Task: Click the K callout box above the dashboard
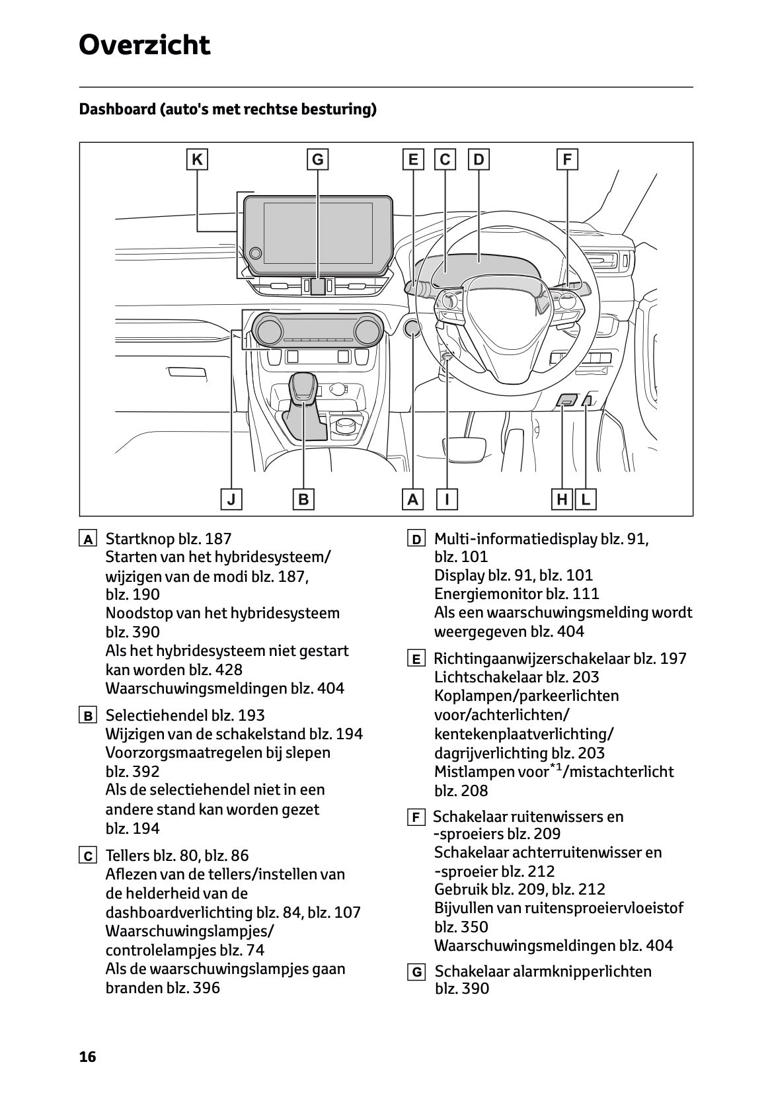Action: [197, 159]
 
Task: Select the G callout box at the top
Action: [318, 159]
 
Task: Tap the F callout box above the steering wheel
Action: [567, 159]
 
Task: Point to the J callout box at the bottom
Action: [231, 499]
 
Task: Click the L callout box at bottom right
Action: [586, 499]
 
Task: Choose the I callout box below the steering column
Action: [447, 499]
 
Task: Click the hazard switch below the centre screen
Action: [318, 286]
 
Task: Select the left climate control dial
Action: [269, 329]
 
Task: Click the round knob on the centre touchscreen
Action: [256, 253]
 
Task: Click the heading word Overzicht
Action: [144, 45]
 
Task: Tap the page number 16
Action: [87, 1057]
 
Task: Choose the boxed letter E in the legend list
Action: [416, 659]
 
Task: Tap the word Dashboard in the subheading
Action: [116, 109]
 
